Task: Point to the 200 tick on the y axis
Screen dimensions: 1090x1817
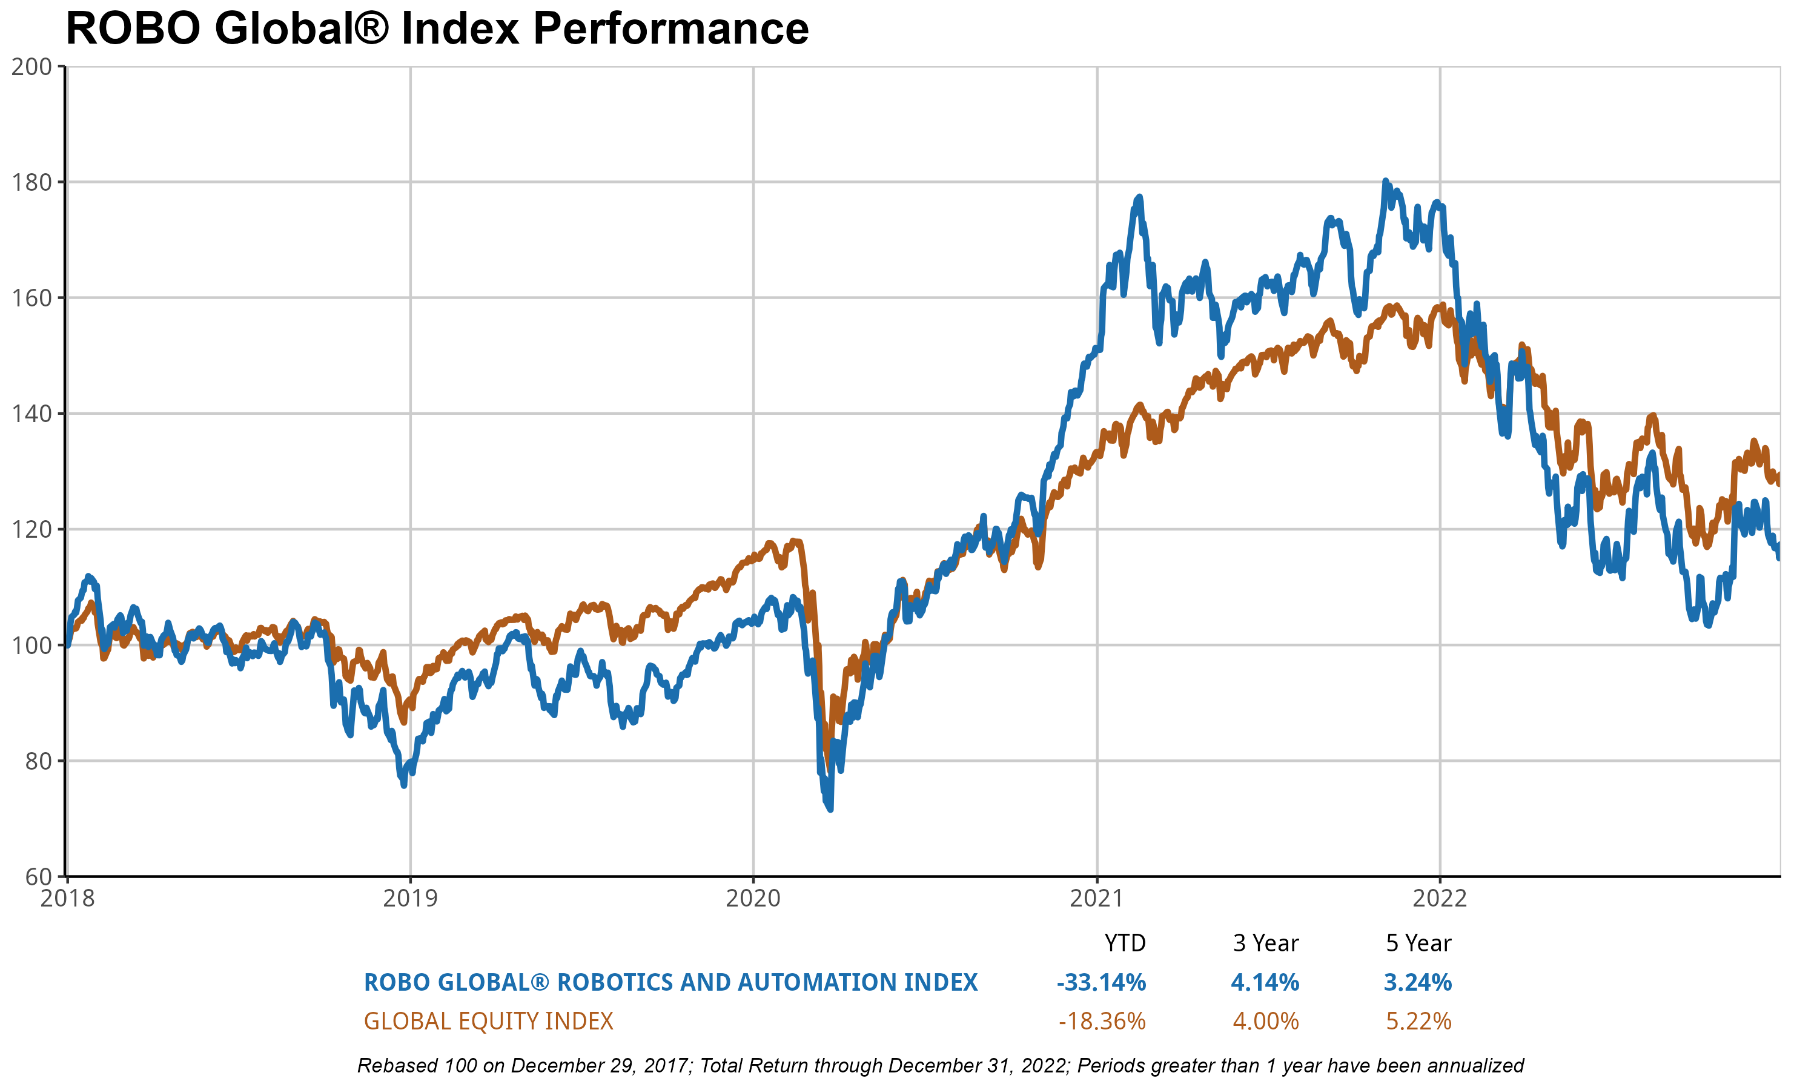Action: coord(31,67)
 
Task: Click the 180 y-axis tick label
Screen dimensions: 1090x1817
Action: coord(31,182)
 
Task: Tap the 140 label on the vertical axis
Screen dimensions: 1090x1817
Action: coord(31,414)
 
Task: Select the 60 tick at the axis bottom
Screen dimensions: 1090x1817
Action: coord(38,876)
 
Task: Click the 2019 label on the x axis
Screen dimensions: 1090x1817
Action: coord(410,897)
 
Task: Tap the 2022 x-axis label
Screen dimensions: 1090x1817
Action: coord(1440,897)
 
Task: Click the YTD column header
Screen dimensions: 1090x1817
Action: coord(1125,943)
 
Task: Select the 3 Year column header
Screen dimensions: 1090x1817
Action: coord(1265,943)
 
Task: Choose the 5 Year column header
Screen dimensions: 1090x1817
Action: coord(1418,943)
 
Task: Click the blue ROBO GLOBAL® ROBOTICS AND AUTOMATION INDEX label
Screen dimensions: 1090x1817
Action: coord(670,983)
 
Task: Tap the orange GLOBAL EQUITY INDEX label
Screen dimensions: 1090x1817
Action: coord(488,1022)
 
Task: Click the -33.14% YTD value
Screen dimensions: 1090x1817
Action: coord(1101,983)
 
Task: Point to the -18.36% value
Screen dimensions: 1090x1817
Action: coord(1102,1022)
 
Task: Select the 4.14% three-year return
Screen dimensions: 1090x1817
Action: coord(1265,983)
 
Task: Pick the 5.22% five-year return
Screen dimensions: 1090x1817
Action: coord(1418,1022)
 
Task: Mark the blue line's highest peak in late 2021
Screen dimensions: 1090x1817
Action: coord(1385,180)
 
